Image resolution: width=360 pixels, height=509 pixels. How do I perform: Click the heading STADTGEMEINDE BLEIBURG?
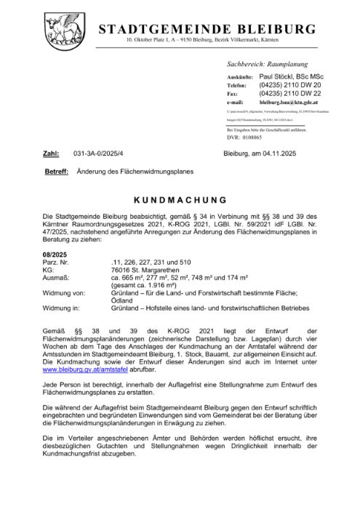[207, 30]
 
